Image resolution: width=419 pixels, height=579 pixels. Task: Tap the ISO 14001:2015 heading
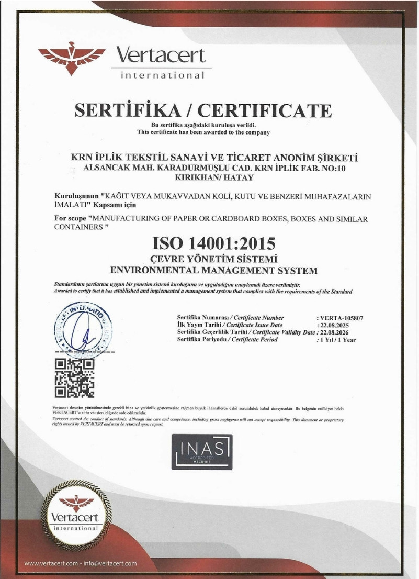coord(213,243)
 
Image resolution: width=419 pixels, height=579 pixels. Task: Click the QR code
coord(75,377)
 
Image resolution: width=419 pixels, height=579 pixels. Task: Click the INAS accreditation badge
coord(202,452)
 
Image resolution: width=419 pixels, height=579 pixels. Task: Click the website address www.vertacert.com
coord(51,563)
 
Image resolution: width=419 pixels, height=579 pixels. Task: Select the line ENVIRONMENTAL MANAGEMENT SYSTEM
coord(214,271)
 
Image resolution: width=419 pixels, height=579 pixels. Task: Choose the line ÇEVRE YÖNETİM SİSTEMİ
coord(213,259)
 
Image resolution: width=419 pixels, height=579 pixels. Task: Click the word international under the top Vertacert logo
coord(162,75)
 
